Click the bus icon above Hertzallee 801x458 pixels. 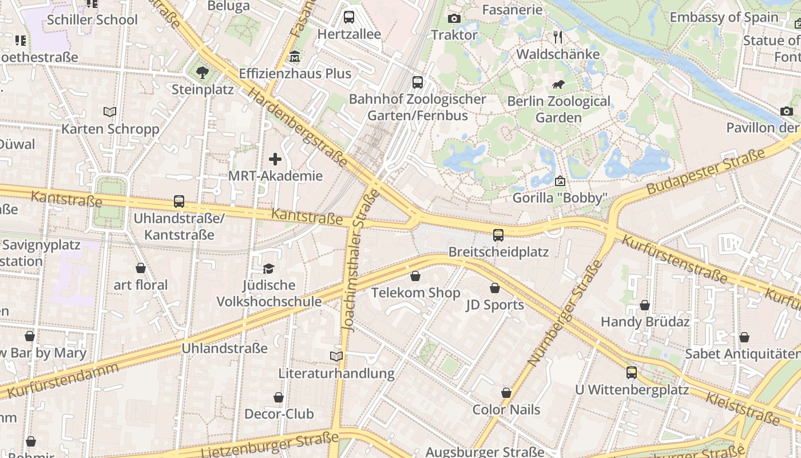(x=349, y=17)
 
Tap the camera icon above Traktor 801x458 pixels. (x=454, y=19)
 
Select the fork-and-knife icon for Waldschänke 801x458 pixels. (x=558, y=37)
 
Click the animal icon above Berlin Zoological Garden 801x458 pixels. (x=558, y=85)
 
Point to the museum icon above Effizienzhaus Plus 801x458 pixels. (x=295, y=56)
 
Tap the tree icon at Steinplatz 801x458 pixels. (x=202, y=72)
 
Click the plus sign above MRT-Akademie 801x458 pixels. (x=275, y=159)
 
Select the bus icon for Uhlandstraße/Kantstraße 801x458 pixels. (x=179, y=202)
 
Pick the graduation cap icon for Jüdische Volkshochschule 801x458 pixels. (x=268, y=268)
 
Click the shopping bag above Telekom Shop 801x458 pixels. (x=415, y=277)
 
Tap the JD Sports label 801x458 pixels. (x=495, y=305)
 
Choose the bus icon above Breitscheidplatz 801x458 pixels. (x=498, y=235)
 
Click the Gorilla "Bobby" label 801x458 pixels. (x=560, y=198)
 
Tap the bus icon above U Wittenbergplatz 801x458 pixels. (x=632, y=373)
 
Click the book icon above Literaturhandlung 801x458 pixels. (x=336, y=357)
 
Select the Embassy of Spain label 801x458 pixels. (x=724, y=17)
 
